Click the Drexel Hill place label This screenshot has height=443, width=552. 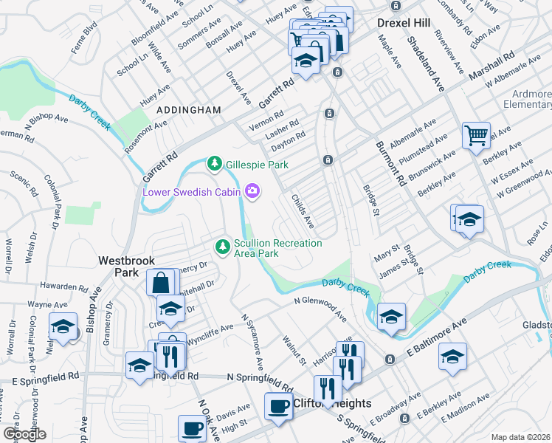(403, 23)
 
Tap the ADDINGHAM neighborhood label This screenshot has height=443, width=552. (188, 110)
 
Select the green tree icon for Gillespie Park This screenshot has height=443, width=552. (215, 162)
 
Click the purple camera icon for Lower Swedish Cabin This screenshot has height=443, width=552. (253, 192)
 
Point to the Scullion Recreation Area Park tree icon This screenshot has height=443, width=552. (221, 245)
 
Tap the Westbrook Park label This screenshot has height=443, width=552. (118, 267)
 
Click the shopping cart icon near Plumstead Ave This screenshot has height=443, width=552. (476, 135)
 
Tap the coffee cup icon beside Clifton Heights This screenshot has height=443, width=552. (278, 406)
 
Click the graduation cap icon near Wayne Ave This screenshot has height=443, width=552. (63, 326)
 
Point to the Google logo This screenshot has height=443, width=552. (24, 433)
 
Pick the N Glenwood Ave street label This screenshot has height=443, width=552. (320, 309)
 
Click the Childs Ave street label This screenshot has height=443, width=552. (303, 211)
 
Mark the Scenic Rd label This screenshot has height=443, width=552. (24, 185)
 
